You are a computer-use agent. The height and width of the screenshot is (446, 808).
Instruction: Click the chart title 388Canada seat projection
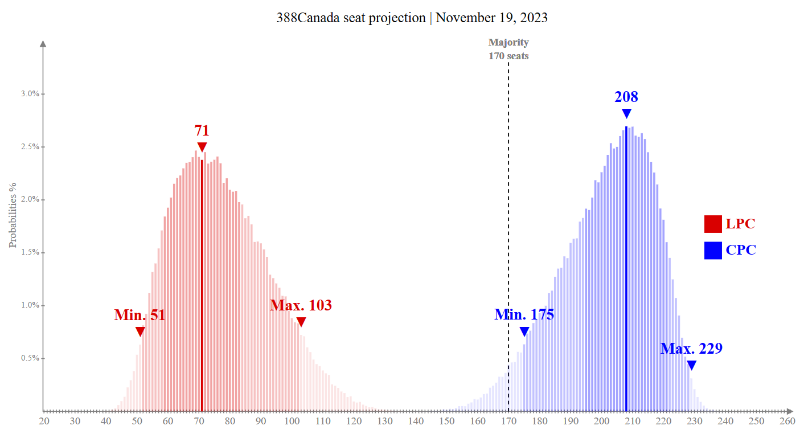pyautogui.click(x=351, y=18)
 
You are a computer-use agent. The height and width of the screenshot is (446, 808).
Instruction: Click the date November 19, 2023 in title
pyautogui.click(x=491, y=18)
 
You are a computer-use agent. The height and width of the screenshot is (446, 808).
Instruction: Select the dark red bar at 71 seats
pyautogui.click(x=202, y=285)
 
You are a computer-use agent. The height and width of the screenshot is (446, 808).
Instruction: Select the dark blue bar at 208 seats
pyautogui.click(x=626, y=268)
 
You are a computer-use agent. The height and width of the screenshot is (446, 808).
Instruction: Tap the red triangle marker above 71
pyautogui.click(x=202, y=147)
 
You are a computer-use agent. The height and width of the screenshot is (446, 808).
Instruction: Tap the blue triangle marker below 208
pyautogui.click(x=626, y=113)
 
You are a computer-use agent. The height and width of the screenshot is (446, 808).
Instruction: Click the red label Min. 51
pyautogui.click(x=140, y=315)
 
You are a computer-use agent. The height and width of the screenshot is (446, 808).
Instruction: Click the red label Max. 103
pyautogui.click(x=301, y=305)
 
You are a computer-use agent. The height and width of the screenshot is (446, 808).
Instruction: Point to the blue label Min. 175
pyautogui.click(x=524, y=314)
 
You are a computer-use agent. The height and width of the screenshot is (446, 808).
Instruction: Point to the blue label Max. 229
pyautogui.click(x=691, y=349)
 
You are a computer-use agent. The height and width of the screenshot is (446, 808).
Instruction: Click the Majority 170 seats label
pyautogui.click(x=508, y=49)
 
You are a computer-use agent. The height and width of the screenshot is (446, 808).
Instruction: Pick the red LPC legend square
pyautogui.click(x=713, y=224)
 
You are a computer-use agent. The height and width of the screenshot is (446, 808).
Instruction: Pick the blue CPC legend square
pyautogui.click(x=713, y=250)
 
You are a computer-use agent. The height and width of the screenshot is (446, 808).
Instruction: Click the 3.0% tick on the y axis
pyautogui.click(x=30, y=94)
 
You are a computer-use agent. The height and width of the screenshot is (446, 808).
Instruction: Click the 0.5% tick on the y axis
pyautogui.click(x=30, y=358)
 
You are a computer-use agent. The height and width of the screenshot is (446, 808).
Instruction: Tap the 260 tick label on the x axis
pyautogui.click(x=787, y=421)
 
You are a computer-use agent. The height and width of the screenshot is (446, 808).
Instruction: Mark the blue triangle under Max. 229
pyautogui.click(x=691, y=365)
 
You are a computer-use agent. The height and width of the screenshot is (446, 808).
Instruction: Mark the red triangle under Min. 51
pyautogui.click(x=140, y=332)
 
